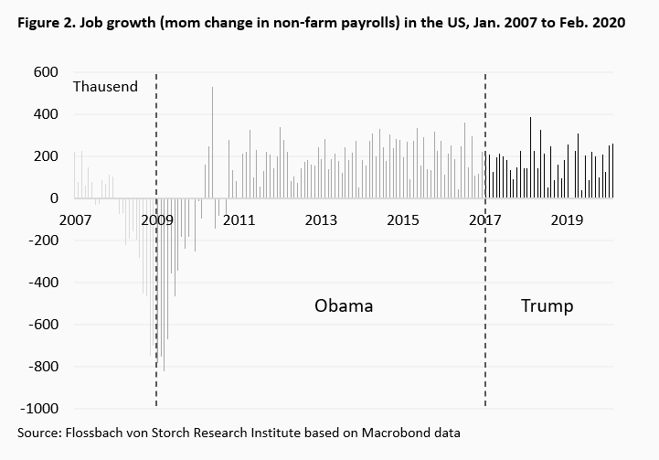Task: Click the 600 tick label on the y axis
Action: (x=46, y=72)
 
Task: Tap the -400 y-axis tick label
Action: (x=43, y=283)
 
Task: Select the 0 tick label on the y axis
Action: (x=54, y=198)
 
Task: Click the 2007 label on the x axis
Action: (x=74, y=220)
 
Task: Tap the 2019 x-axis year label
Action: (x=569, y=220)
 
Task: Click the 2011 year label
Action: (x=239, y=220)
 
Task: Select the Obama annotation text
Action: (x=344, y=305)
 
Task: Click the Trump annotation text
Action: (x=547, y=305)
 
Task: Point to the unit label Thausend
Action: (x=105, y=87)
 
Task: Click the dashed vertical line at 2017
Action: (x=484, y=274)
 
